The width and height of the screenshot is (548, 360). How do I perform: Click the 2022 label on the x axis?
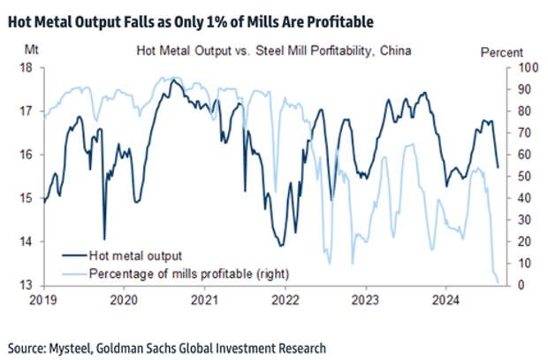(285, 300)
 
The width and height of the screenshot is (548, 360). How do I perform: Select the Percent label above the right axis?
(502, 53)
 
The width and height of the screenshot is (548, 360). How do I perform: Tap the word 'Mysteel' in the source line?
(77, 348)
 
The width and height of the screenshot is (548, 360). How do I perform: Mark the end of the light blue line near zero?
(498, 282)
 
